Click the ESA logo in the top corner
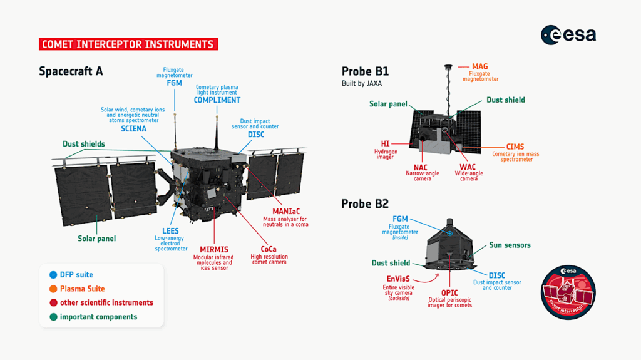click(x=568, y=35)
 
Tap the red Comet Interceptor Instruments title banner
click(x=128, y=44)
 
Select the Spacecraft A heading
click(x=71, y=71)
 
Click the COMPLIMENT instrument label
click(x=217, y=100)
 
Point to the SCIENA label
click(x=134, y=129)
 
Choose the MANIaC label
click(x=285, y=211)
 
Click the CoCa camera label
click(x=268, y=249)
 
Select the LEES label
click(x=170, y=231)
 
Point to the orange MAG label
click(x=480, y=66)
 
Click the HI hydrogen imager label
click(x=385, y=144)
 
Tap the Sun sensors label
click(x=510, y=245)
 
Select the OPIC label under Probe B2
click(x=449, y=292)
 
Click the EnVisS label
click(x=399, y=279)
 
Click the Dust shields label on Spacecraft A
click(x=84, y=144)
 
